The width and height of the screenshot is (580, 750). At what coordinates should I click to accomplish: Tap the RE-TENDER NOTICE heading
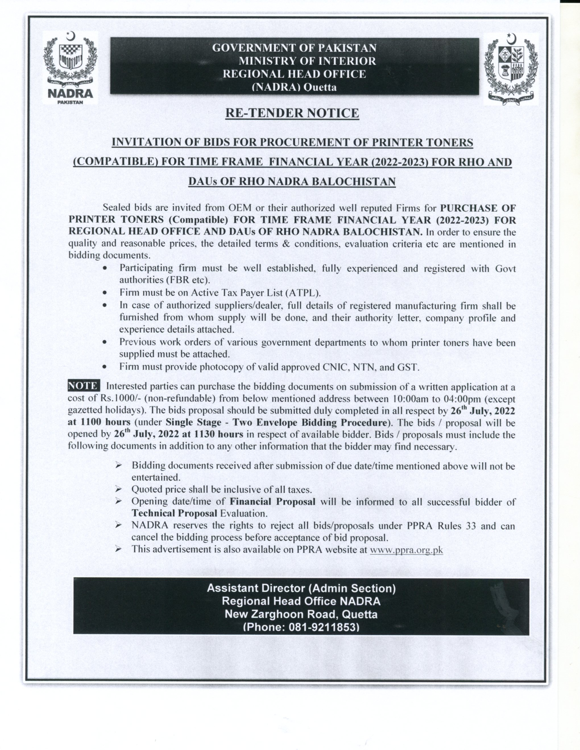pyautogui.click(x=292, y=113)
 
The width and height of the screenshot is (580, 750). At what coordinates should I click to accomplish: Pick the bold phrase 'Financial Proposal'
pyautogui.click(x=272, y=502)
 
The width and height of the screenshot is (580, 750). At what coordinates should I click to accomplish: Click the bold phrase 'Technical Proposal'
pyautogui.click(x=174, y=513)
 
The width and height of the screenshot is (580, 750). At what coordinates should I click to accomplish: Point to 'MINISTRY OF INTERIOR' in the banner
pyautogui.click(x=307, y=61)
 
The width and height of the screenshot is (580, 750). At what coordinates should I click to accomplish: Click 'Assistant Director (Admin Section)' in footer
pyautogui.click(x=301, y=589)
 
